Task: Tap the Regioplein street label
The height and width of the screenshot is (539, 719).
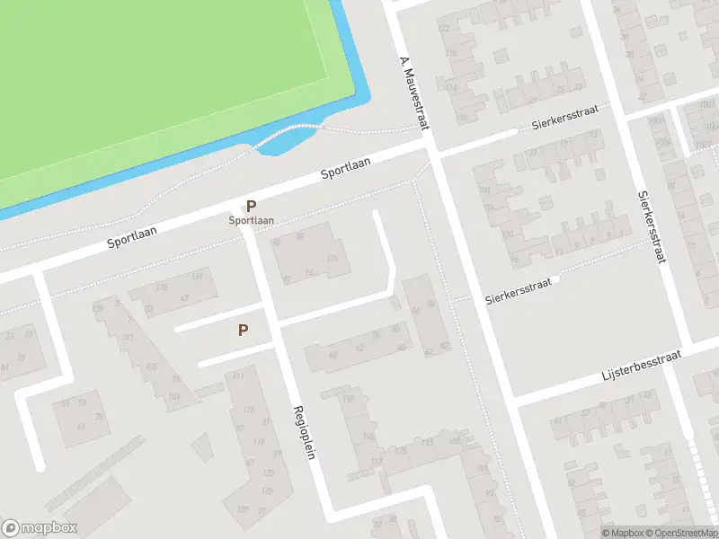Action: [x=304, y=431]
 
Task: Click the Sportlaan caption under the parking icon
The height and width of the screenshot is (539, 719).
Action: [x=251, y=220]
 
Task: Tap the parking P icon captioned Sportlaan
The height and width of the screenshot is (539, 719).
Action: [x=251, y=206]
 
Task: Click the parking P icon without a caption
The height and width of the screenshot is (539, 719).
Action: [x=243, y=331]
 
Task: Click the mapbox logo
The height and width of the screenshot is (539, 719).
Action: [x=40, y=528]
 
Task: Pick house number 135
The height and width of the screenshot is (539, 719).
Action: [x=162, y=287]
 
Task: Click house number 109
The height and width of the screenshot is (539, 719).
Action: [x=173, y=396]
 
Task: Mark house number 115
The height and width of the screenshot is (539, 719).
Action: [x=248, y=411]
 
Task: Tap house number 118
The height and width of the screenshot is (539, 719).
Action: [x=451, y=54]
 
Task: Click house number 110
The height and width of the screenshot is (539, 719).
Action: [x=462, y=118]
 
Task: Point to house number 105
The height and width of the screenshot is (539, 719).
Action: [x=151, y=367]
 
